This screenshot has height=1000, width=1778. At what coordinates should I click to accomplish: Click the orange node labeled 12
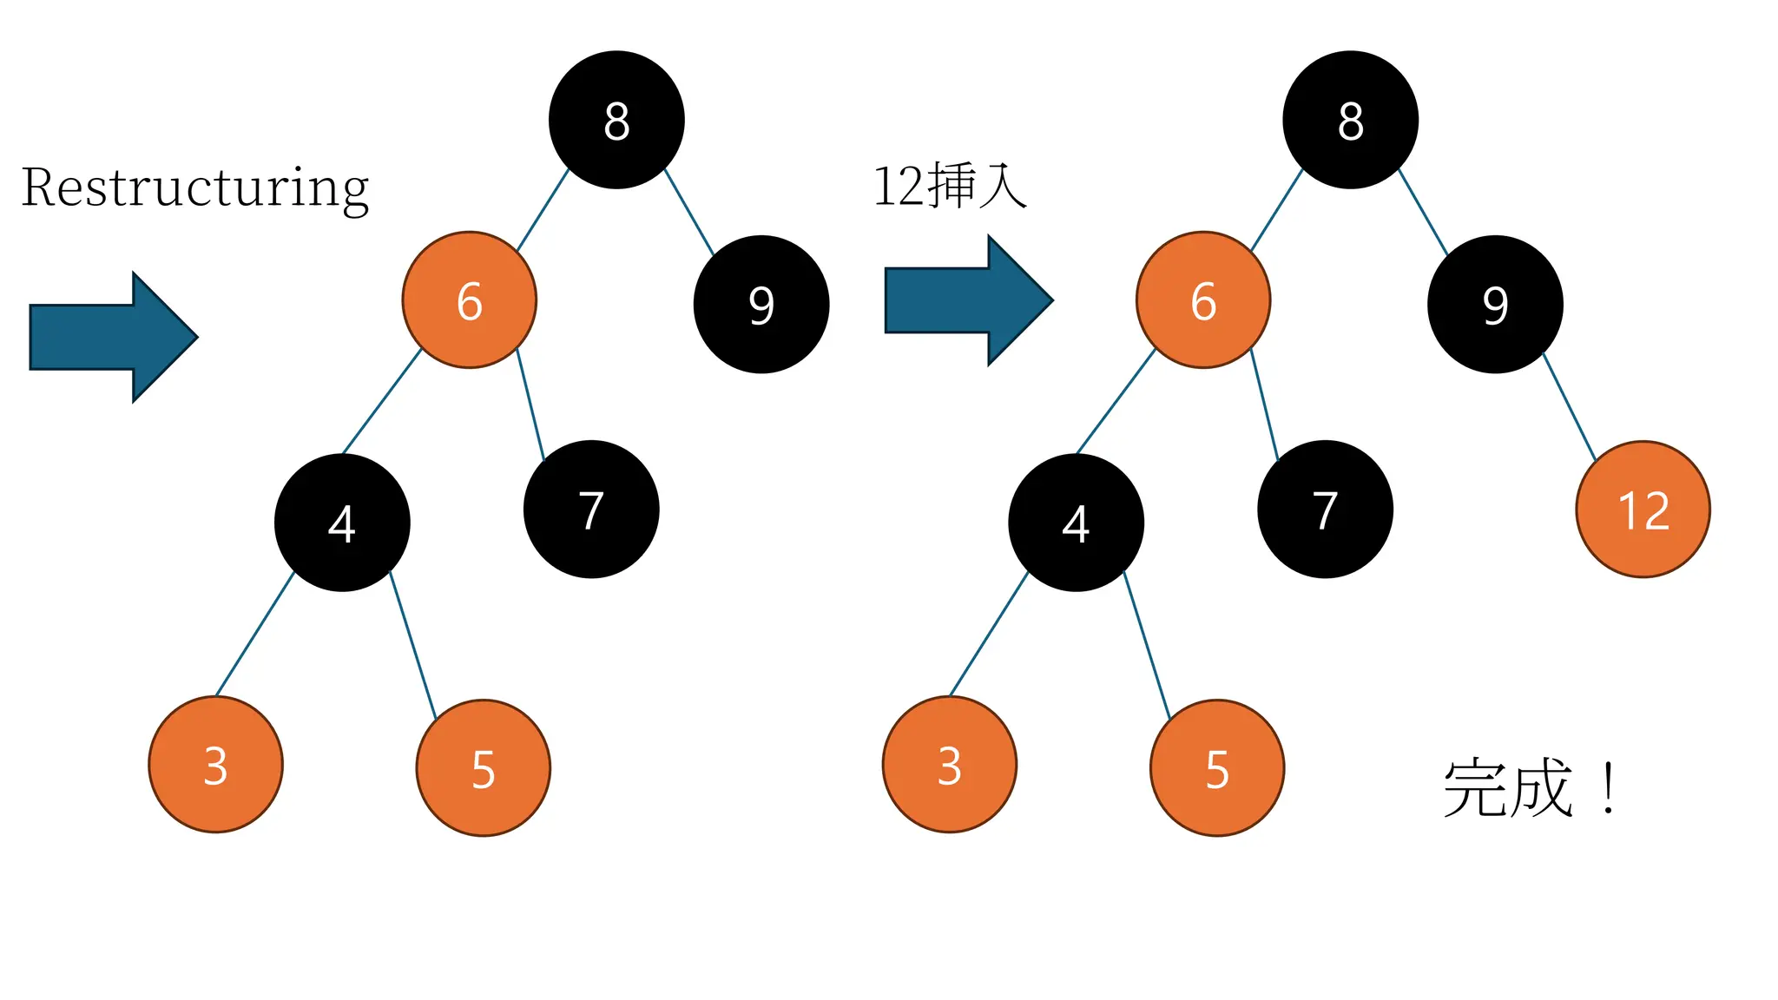click(x=1643, y=510)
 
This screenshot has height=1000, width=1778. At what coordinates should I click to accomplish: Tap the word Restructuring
click(x=195, y=187)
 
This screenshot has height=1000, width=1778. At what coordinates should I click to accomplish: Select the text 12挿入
click(x=950, y=186)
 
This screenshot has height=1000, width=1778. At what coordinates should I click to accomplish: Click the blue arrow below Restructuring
click(x=113, y=337)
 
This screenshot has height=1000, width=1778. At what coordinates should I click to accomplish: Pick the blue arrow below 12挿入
click(x=968, y=300)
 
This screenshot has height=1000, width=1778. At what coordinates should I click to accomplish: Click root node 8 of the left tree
click(x=616, y=120)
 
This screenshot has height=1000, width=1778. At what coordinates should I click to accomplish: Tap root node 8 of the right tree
click(x=1350, y=120)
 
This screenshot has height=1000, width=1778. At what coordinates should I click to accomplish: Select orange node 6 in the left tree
click(x=470, y=300)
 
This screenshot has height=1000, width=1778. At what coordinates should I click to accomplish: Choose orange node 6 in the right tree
click(x=1203, y=300)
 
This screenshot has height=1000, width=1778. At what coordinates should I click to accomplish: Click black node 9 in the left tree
click(x=761, y=305)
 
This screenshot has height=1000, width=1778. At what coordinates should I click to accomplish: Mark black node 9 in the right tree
click(x=1495, y=305)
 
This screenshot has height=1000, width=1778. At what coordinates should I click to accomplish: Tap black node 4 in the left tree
click(x=342, y=523)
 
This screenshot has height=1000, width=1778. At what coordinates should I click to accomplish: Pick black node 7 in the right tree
click(x=1325, y=510)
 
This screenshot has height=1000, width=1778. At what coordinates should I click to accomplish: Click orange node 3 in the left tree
click(x=215, y=765)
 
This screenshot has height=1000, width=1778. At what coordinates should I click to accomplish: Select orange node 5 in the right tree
click(x=1217, y=768)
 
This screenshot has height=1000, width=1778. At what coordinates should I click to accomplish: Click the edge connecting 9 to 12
click(x=1570, y=407)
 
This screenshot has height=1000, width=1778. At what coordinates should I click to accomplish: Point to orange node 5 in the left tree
click(x=484, y=768)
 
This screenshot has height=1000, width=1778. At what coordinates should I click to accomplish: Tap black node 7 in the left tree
click(x=591, y=510)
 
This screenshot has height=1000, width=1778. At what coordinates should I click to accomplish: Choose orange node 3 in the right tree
click(x=950, y=765)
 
